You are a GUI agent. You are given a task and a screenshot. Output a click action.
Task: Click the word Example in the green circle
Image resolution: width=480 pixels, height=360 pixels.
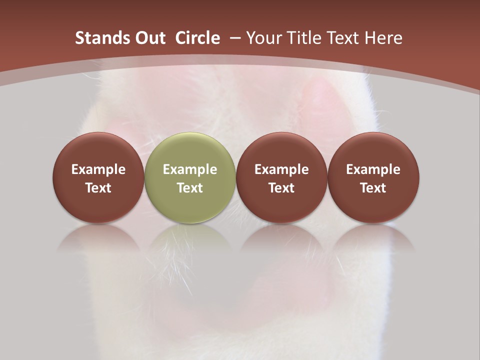190,169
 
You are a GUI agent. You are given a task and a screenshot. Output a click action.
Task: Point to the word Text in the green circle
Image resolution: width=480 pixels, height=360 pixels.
190,188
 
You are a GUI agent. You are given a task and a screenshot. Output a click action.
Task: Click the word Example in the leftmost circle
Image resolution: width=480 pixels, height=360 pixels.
98,169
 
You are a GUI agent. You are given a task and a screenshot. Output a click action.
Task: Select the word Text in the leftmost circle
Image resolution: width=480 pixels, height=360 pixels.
98,188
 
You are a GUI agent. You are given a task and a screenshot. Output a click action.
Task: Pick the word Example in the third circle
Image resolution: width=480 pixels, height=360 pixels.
281,169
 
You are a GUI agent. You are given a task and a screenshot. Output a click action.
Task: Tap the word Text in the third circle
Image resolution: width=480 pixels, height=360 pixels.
281,188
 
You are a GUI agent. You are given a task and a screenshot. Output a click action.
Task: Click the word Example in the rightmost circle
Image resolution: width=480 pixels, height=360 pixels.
373,169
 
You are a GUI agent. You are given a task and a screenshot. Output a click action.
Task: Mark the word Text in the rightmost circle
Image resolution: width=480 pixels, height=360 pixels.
373,188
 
